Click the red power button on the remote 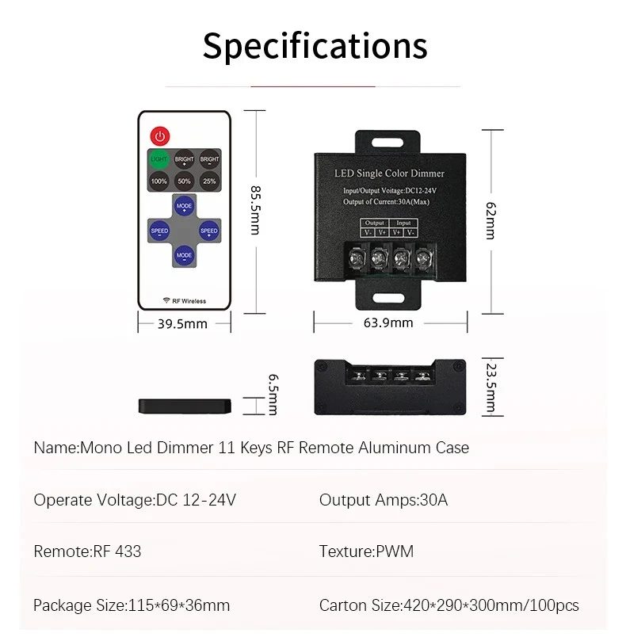click(x=161, y=135)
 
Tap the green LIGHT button click(x=159, y=158)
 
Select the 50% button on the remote click(x=184, y=181)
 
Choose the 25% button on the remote click(x=209, y=181)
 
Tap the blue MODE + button click(x=184, y=207)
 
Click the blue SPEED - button click(x=159, y=231)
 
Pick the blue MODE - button click(x=184, y=256)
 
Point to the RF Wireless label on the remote click(x=184, y=300)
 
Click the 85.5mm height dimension click(x=254, y=210)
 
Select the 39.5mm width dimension click(x=183, y=323)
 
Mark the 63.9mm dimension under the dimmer click(x=388, y=322)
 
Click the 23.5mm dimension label click(x=491, y=387)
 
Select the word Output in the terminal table click(x=374, y=223)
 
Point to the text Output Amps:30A click(x=383, y=500)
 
